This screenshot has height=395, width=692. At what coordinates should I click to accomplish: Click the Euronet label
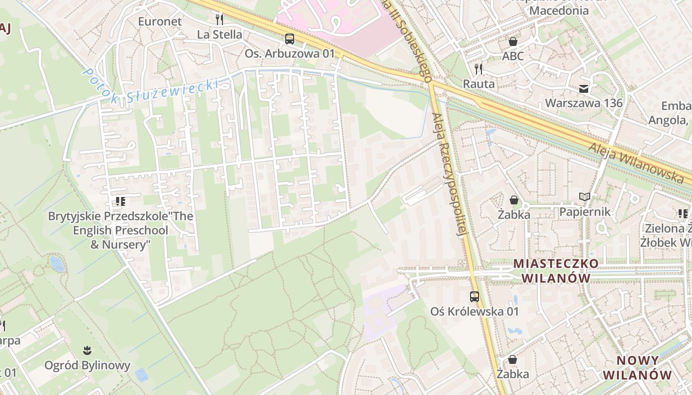coord(160,22)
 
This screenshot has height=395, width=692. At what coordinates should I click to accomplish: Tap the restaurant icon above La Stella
coord(219,20)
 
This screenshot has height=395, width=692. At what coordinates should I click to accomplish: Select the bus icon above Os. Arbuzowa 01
coord(290,39)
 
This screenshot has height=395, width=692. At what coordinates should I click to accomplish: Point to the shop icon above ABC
coord(513,41)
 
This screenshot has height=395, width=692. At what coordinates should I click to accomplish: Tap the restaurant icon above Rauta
coord(478,69)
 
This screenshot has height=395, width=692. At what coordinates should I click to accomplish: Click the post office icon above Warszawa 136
coord(584,89)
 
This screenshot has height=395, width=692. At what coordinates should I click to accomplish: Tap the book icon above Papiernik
coord(585,197)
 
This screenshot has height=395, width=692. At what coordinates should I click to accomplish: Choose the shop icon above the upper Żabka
coord(514,200)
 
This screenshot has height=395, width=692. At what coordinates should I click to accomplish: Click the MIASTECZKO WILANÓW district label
coord(556,271)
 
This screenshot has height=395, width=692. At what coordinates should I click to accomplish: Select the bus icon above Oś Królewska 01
coord(475,296)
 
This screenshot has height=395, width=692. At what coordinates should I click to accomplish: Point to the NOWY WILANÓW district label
coord(637,367)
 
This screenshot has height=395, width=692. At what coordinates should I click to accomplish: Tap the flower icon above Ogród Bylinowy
coord(87,351)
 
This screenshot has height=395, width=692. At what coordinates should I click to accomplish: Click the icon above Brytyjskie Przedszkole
coord(120,201)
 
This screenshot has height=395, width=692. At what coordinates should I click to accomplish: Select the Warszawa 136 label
coord(584,103)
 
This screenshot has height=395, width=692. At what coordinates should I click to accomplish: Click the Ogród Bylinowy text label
coord(87,365)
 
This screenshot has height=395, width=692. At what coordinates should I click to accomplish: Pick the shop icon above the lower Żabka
coord(513,359)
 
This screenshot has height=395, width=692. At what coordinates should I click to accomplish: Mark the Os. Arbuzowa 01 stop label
coord(290,53)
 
